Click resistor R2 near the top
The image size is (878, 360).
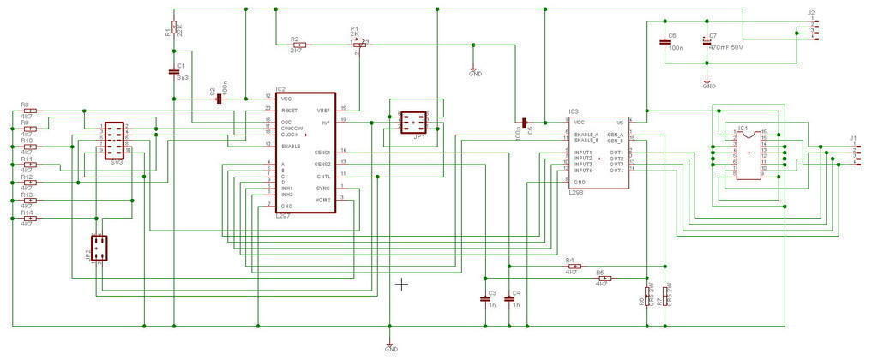(x=297, y=45)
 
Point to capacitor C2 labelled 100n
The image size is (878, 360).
(x=219, y=99)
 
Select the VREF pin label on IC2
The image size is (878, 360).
(x=323, y=111)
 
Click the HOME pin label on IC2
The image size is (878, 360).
(x=322, y=200)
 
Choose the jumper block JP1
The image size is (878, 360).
(x=413, y=121)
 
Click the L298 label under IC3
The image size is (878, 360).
(x=576, y=194)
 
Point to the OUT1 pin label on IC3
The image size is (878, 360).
(x=616, y=152)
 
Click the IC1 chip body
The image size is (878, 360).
(x=749, y=153)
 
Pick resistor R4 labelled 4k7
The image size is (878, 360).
(x=573, y=267)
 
